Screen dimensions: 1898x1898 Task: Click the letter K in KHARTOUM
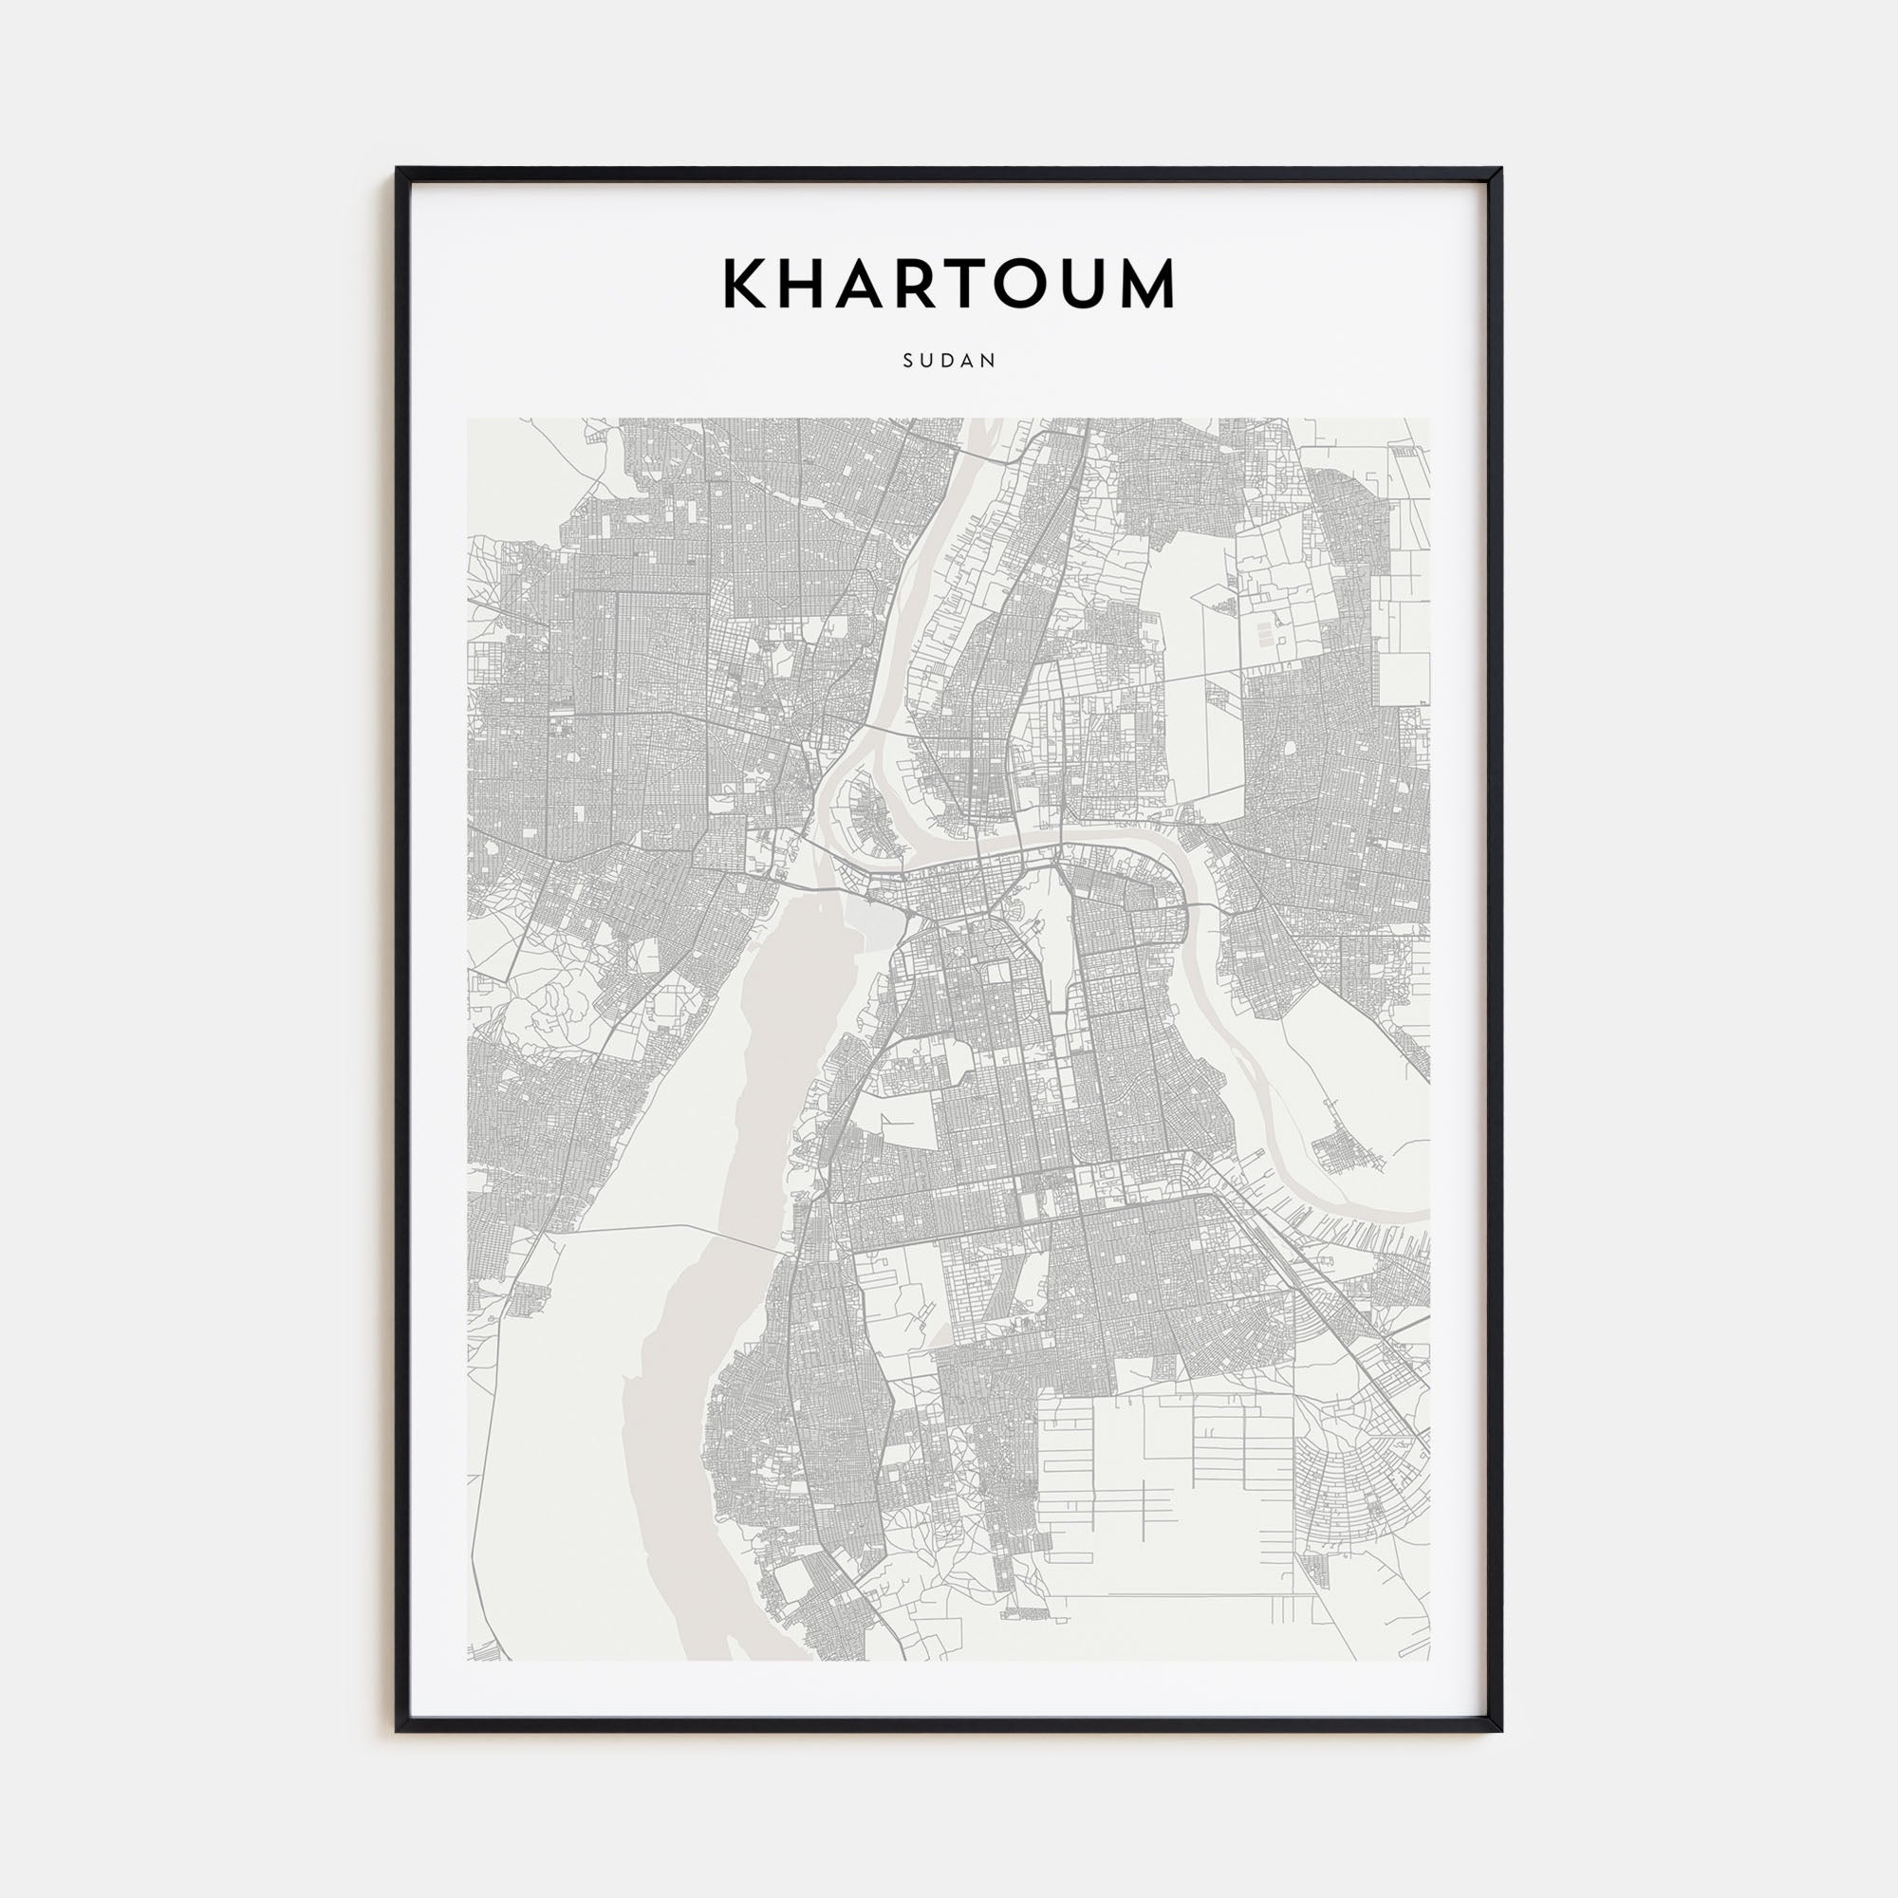(745, 284)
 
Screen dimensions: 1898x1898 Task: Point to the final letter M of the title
(1146, 284)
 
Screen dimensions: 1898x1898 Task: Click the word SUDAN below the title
(949, 361)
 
